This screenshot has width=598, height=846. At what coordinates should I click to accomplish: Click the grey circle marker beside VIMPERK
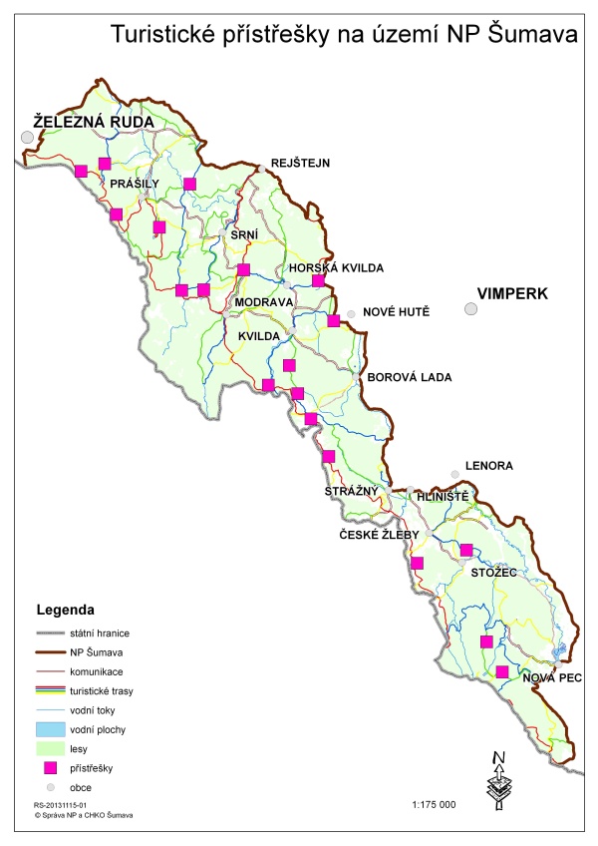click(x=470, y=309)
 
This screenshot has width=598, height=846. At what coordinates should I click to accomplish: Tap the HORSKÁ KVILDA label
click(x=335, y=268)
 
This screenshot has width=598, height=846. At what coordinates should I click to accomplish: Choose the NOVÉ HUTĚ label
click(x=396, y=312)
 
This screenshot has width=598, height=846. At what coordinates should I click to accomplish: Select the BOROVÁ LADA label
click(x=410, y=377)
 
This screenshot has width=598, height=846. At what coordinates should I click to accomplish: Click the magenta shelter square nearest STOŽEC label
click(x=466, y=550)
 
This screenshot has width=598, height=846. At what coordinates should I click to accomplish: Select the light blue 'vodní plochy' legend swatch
click(x=49, y=730)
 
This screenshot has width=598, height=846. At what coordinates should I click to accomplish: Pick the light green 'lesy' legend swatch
click(x=49, y=748)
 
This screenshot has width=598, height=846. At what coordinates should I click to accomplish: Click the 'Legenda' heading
click(x=65, y=608)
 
